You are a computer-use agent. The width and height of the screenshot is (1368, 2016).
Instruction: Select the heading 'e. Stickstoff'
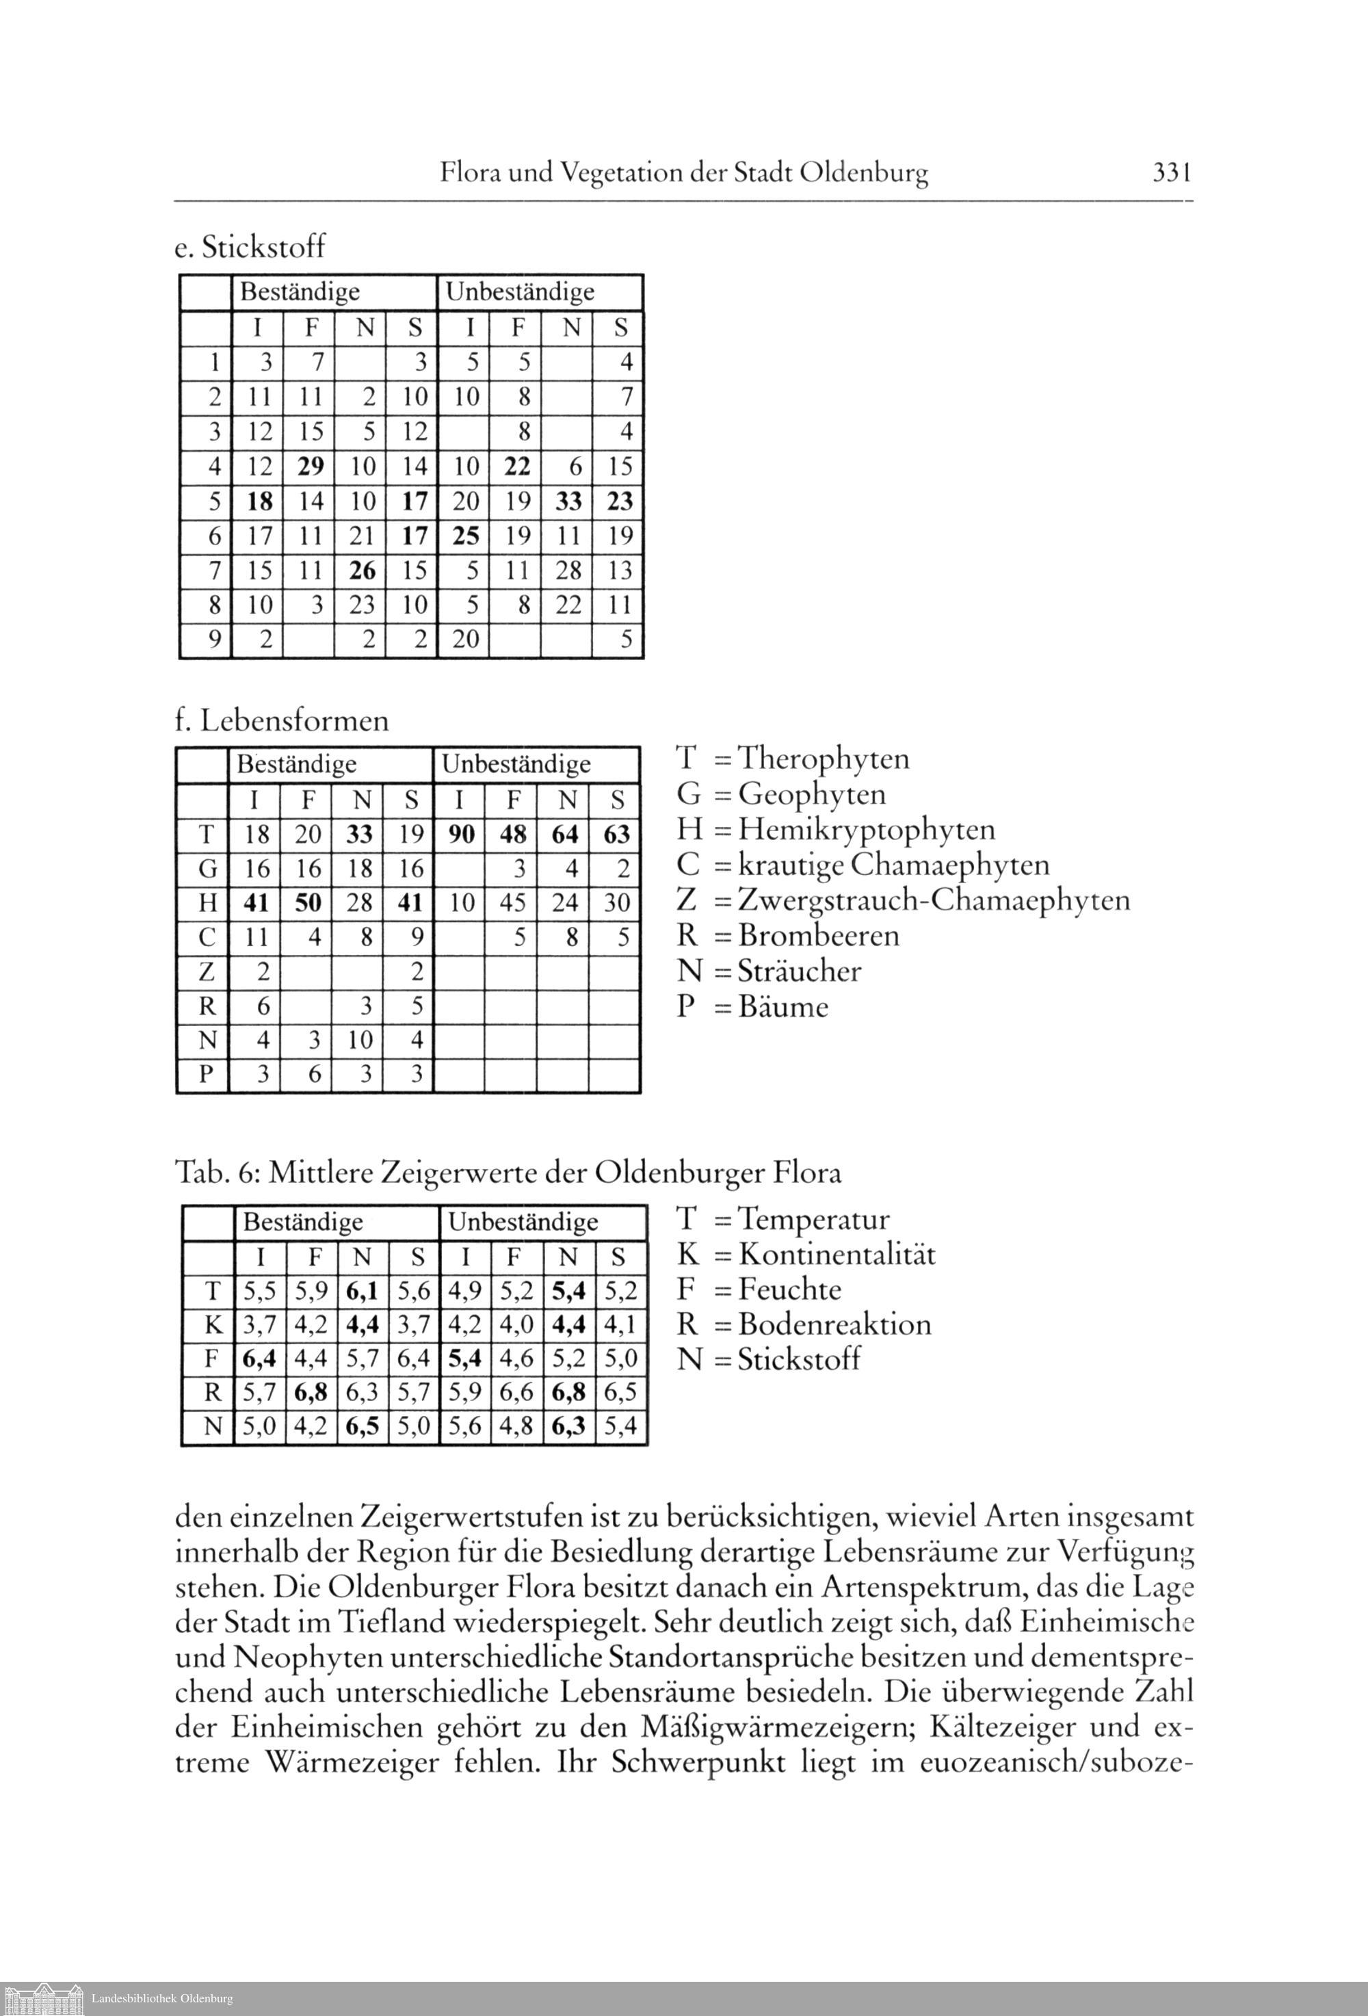[x=250, y=247]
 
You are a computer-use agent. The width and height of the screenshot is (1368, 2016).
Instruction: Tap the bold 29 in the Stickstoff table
[x=310, y=467]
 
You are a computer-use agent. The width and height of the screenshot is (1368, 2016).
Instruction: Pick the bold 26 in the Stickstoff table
[x=362, y=571]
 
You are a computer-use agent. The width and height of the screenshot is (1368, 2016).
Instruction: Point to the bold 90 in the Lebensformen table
[x=462, y=835]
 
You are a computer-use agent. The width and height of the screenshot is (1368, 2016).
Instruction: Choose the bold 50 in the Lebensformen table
[x=308, y=903]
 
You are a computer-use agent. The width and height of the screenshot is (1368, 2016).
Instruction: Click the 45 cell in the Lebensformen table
[x=513, y=903]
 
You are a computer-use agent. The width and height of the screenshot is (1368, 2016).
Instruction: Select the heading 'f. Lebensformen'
[x=282, y=721]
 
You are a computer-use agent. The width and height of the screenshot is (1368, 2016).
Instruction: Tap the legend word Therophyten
[x=824, y=759]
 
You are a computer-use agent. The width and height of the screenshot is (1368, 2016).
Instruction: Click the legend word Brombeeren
[x=819, y=935]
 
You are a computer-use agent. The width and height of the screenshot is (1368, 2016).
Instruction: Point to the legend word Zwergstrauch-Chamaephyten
[x=934, y=900]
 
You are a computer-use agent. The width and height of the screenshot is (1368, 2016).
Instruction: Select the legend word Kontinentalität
[x=837, y=1255]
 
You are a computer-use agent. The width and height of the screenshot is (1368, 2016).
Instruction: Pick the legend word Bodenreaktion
[x=834, y=1324]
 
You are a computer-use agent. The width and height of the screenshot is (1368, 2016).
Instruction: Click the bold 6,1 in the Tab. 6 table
[x=362, y=1292]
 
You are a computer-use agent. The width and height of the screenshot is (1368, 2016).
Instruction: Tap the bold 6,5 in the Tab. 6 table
[x=362, y=1427]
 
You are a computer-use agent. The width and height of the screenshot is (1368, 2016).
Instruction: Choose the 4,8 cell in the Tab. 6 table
[x=517, y=1427]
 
